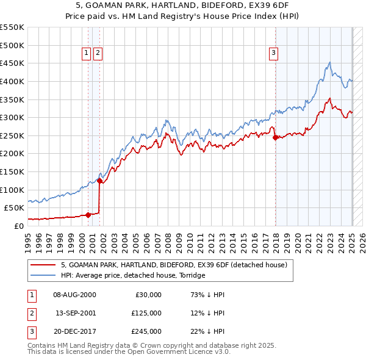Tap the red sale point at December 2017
pos(275,138)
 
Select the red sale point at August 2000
pos(88,215)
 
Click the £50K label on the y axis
pos(14,207)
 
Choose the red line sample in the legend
pos(43,265)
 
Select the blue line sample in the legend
pos(43,275)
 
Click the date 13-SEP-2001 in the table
pos(76,313)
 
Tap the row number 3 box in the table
pos(30,331)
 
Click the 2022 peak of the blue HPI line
pos(329,62)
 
